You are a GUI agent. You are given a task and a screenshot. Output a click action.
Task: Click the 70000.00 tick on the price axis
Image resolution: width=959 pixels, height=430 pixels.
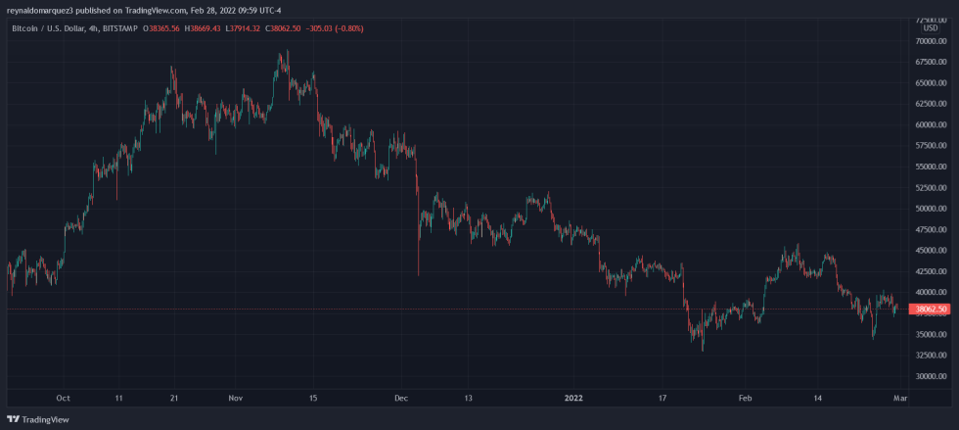[931, 41]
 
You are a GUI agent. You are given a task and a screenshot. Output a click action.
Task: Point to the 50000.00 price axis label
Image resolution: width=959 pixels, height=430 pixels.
[931, 209]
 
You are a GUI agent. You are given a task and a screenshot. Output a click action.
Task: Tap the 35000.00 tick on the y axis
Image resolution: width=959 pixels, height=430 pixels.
[931, 334]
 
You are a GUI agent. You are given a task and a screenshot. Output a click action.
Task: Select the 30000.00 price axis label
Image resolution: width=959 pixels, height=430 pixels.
[931, 376]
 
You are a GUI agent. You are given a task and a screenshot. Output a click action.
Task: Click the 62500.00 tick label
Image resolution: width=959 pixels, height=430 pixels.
[931, 104]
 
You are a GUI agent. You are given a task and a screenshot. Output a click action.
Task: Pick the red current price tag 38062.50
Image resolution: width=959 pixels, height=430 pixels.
[929, 310]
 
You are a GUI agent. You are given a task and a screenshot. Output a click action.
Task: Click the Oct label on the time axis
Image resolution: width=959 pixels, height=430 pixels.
[63, 399]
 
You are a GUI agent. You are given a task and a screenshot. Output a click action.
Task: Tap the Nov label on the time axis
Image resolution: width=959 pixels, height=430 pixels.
[235, 399]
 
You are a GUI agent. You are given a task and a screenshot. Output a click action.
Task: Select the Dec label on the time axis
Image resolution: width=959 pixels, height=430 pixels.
[400, 399]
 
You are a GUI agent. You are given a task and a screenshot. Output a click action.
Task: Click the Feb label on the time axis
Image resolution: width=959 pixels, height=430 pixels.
[746, 399]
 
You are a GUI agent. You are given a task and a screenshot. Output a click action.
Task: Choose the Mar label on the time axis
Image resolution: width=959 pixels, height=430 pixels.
[900, 399]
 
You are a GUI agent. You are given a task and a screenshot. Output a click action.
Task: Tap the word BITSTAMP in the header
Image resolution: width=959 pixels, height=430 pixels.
[117, 27]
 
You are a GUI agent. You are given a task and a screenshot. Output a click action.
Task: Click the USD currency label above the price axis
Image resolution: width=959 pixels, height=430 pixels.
[930, 27]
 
